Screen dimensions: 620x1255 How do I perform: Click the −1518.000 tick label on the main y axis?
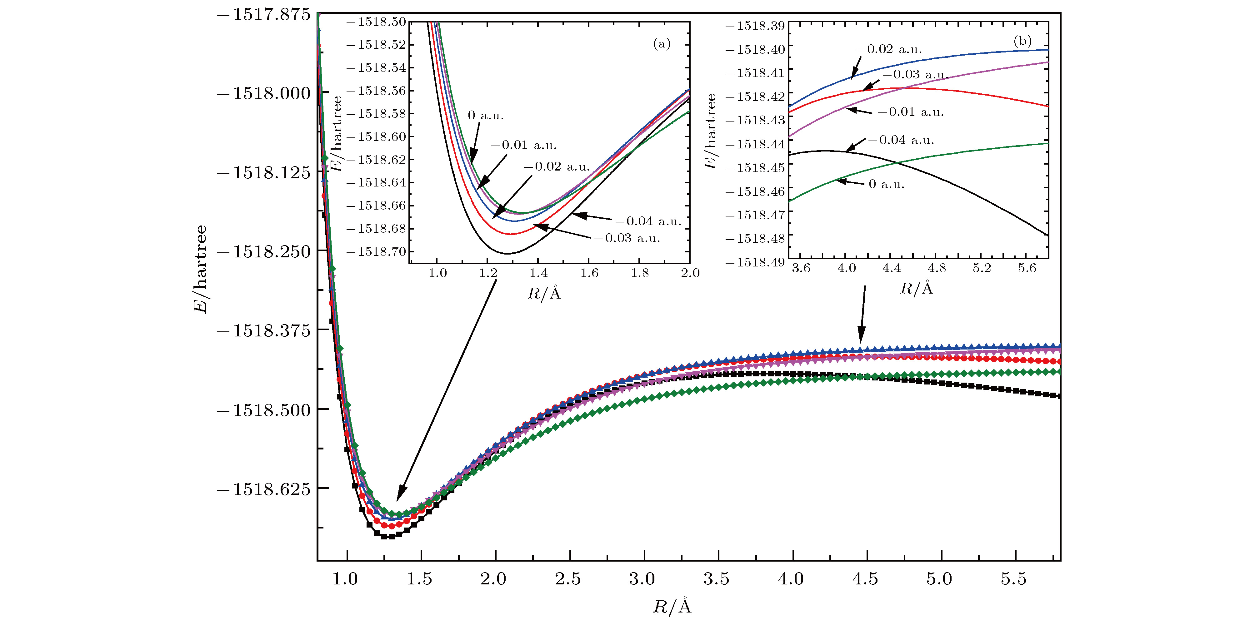coord(263,93)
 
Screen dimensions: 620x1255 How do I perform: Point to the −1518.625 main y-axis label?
coord(263,489)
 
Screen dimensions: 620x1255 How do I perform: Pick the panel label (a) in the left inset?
coord(662,44)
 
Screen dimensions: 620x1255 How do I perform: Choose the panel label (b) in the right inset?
coord(1022,41)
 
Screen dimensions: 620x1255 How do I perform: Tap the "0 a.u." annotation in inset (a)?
coord(486,116)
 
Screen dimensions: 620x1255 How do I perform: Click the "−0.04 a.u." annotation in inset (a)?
coord(648,221)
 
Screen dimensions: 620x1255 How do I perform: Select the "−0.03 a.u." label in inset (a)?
coord(627,238)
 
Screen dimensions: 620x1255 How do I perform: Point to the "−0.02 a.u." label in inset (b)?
coord(889,49)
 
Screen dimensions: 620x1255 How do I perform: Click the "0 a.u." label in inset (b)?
coord(886,184)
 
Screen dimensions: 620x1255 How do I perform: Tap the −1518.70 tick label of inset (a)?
coord(376,251)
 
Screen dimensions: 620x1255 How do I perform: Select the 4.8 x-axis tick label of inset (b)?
coord(936,268)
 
